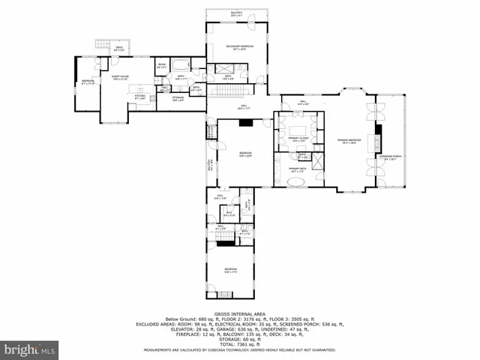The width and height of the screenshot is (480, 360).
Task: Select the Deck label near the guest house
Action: [x=118, y=49]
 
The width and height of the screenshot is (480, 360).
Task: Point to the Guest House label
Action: [x=120, y=77]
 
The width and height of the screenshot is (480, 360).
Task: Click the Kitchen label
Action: [x=139, y=96]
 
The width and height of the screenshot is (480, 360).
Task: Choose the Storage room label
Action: [x=178, y=97]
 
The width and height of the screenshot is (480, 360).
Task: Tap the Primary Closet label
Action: [x=298, y=139]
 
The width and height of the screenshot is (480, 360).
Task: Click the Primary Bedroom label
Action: [x=349, y=141]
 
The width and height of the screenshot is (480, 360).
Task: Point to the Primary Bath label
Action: [x=298, y=169]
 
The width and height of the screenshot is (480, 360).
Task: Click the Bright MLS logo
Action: [x=30, y=349]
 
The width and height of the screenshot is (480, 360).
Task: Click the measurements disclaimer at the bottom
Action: [x=240, y=350]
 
